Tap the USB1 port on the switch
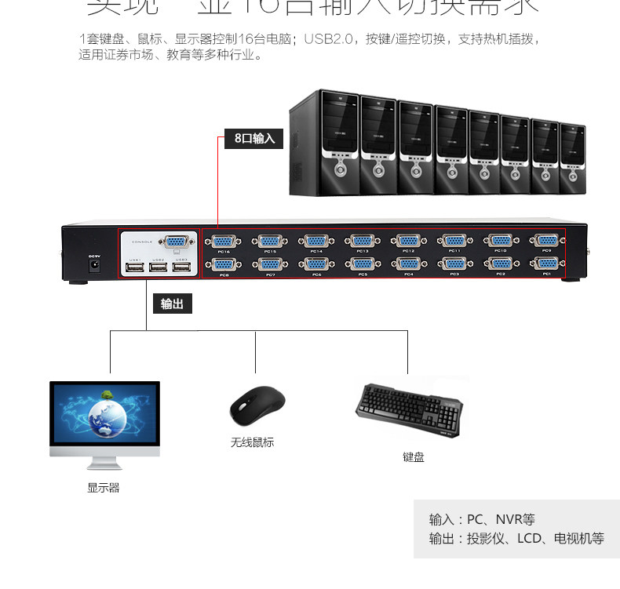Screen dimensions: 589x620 (134, 268)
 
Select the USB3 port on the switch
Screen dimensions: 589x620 (181, 268)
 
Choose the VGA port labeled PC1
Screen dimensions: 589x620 (547, 264)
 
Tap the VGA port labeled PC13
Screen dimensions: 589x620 (362, 241)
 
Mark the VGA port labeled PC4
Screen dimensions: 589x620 (408, 264)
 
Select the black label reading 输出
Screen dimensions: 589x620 (172, 304)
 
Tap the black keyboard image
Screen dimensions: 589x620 (409, 408)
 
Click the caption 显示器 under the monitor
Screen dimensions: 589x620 (103, 488)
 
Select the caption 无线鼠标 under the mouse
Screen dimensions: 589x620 (252, 442)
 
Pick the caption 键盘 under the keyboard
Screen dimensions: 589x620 (413, 457)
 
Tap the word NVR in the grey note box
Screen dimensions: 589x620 (508, 519)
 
